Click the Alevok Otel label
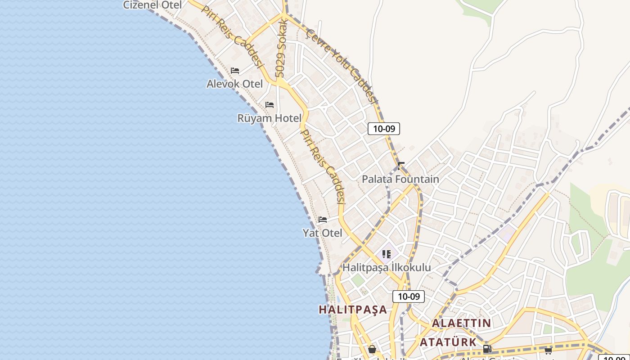(234, 84)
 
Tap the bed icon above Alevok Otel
(235, 71)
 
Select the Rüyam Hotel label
(269, 118)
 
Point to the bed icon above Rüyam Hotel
(270, 105)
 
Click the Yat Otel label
(322, 233)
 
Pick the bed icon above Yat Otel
(323, 220)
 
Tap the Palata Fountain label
(400, 179)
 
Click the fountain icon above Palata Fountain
(400, 166)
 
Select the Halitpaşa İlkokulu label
(387, 267)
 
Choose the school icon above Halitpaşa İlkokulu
(387, 254)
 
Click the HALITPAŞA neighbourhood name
(353, 310)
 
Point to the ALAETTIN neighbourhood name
(461, 323)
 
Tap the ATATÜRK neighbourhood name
(448, 342)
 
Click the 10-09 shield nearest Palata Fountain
(384, 129)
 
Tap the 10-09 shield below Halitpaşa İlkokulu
(409, 297)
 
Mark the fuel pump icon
(486, 349)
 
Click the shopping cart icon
(548, 351)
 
